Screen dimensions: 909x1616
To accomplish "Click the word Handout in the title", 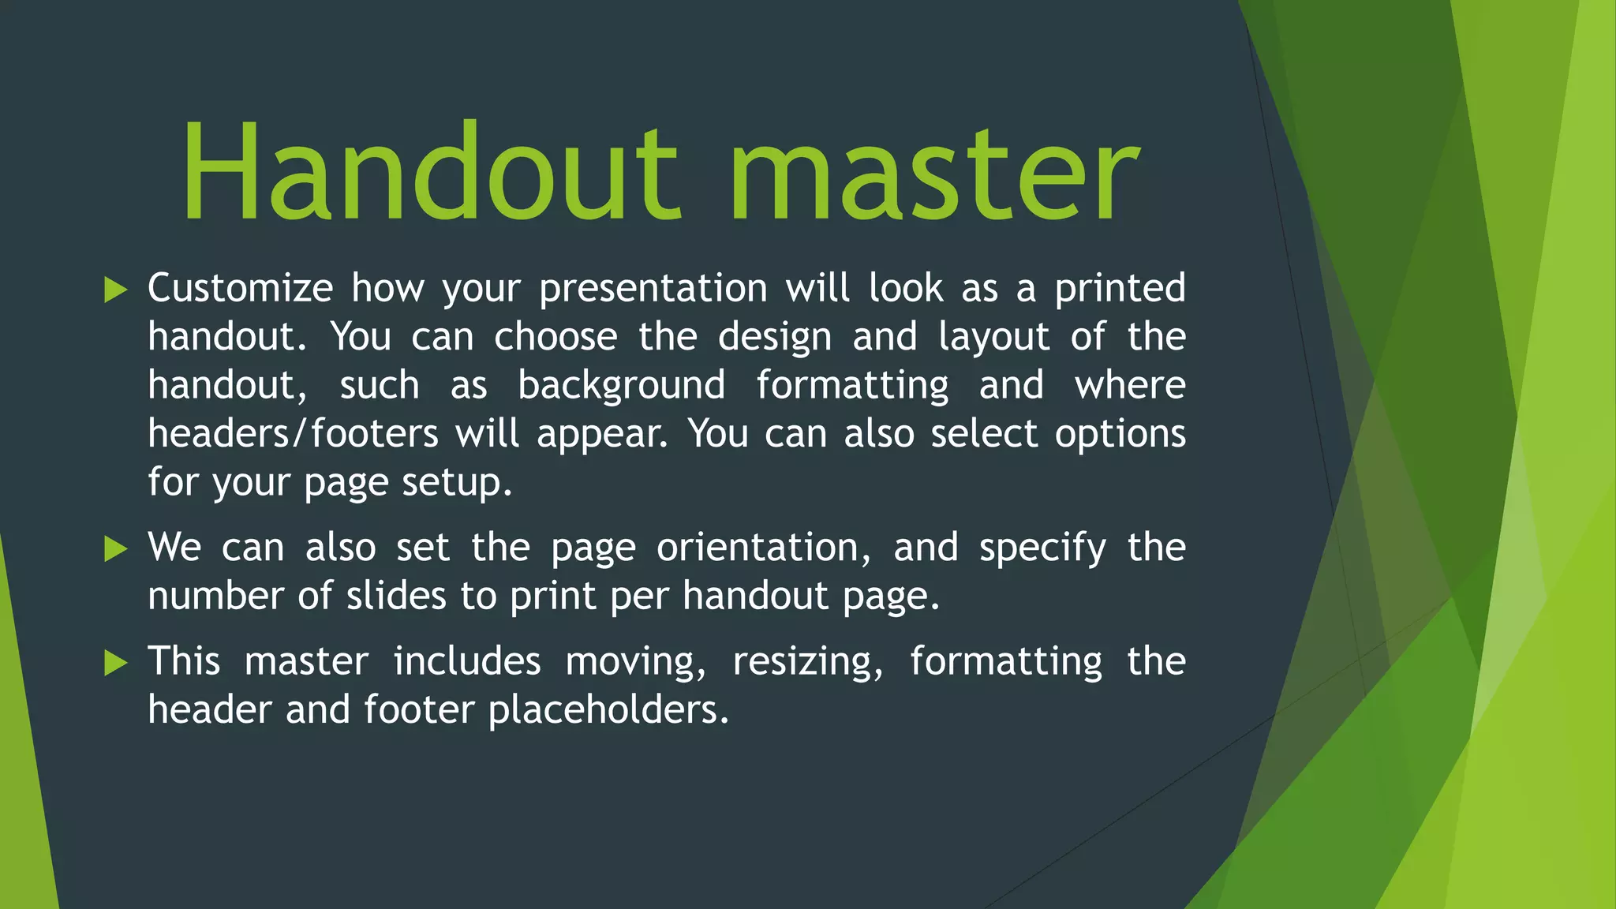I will [430, 172].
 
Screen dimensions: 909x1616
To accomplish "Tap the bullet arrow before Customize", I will [116, 290].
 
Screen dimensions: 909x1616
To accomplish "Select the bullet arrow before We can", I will [116, 548].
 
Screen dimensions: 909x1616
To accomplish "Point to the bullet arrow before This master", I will [116, 663].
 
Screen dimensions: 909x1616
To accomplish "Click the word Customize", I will [240, 288].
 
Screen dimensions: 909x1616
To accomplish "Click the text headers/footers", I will [293, 434].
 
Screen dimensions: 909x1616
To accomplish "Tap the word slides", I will [396, 596].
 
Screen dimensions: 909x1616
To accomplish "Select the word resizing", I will [807, 662].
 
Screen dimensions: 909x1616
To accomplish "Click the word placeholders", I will [608, 710].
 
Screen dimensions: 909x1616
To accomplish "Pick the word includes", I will [467, 661].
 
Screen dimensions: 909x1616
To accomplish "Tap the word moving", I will [635, 662].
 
